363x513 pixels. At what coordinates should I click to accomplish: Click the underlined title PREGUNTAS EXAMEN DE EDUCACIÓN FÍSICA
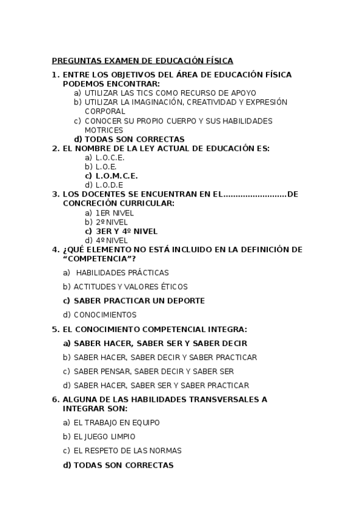(142, 60)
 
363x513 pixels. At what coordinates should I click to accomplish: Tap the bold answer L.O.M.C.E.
(116, 176)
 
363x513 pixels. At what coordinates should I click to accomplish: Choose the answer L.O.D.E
(109, 185)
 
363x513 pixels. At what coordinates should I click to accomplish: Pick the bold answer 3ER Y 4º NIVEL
(126, 231)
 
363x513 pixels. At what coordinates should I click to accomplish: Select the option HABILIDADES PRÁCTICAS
(122, 273)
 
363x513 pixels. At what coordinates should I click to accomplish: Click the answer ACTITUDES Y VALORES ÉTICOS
(130, 287)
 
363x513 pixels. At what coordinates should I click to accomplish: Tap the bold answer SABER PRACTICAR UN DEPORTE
(139, 301)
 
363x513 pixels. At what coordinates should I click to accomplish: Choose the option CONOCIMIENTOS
(105, 315)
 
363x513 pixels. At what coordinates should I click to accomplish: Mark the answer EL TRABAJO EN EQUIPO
(116, 423)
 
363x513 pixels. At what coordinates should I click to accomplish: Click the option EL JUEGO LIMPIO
(104, 437)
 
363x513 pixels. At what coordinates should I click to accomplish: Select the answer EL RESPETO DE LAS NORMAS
(127, 451)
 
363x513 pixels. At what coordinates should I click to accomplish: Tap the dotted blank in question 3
(255, 194)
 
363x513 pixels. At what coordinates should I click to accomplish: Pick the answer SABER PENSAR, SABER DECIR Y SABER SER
(153, 371)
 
